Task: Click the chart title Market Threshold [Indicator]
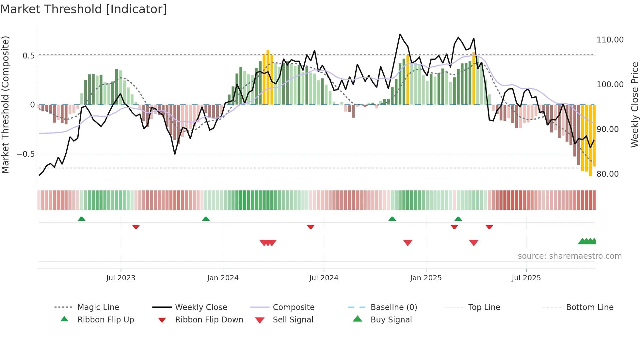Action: (84, 9)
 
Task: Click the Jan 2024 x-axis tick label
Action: (223, 278)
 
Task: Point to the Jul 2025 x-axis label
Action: (526, 278)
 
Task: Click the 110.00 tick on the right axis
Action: (610, 40)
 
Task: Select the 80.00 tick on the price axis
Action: (607, 174)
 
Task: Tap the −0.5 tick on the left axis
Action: (25, 154)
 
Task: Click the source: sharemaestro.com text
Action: (569, 256)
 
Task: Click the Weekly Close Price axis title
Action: (634, 105)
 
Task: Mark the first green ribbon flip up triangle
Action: (82, 219)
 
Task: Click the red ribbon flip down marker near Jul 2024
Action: (311, 227)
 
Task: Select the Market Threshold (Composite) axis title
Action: (5, 105)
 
